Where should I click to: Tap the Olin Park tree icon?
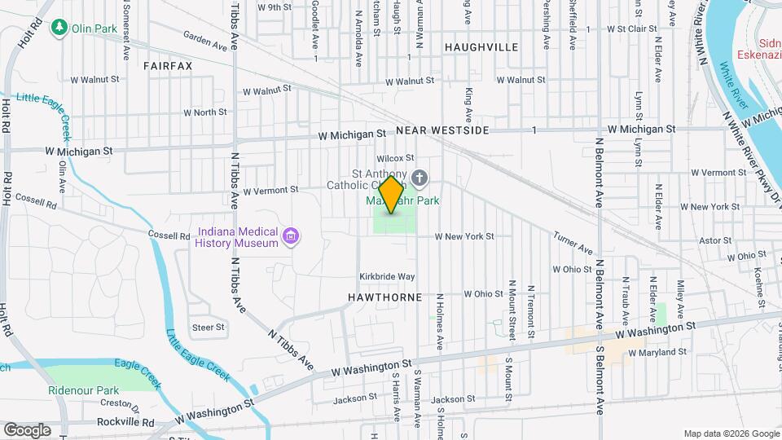tap(59, 29)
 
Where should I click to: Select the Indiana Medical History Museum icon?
tap(290, 237)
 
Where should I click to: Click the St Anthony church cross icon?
tap(420, 178)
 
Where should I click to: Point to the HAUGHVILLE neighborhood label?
tap(481, 47)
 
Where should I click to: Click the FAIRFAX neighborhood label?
tap(168, 65)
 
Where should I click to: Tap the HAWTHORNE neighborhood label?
tap(387, 298)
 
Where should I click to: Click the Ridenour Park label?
tap(83, 390)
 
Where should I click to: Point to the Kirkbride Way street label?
tap(388, 277)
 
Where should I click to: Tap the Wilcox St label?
tap(395, 158)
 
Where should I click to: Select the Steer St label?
tap(208, 327)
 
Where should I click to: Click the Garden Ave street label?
tap(204, 41)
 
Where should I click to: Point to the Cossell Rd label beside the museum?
tap(169, 235)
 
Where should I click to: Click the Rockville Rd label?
tap(125, 423)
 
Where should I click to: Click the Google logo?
tap(27, 429)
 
